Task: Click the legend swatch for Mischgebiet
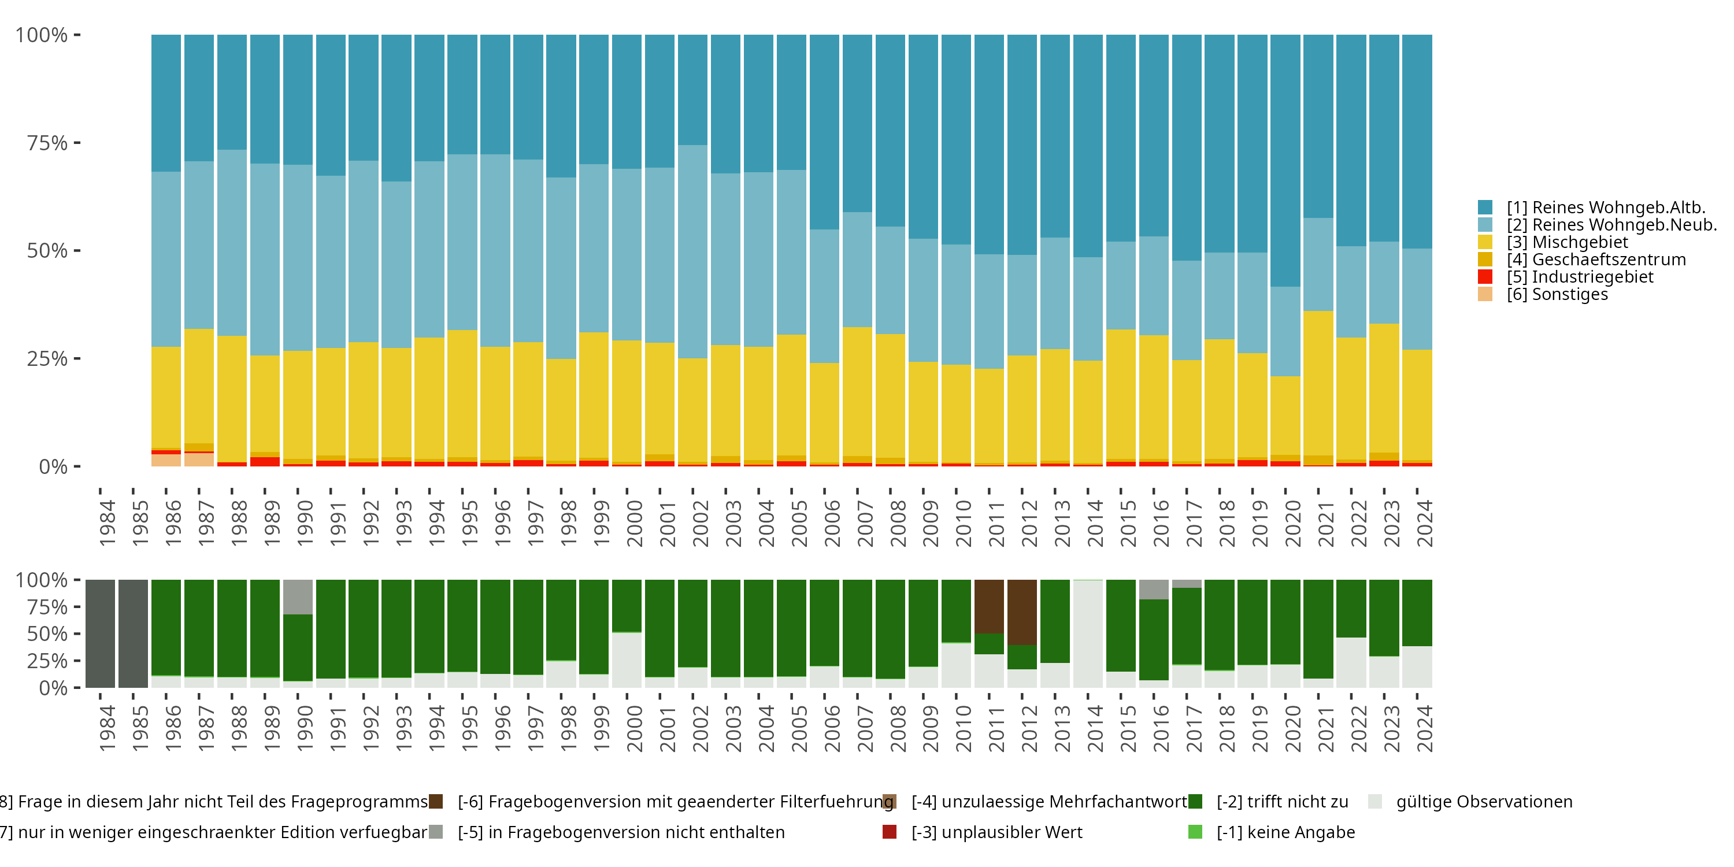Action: [x=1485, y=242]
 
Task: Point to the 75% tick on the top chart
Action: [x=47, y=143]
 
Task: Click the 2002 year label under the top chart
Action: [x=700, y=524]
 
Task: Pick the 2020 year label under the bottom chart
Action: [x=1292, y=729]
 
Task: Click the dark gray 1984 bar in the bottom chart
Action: [x=101, y=633]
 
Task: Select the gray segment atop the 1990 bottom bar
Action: [x=298, y=596]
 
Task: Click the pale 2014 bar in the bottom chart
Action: [x=1088, y=633]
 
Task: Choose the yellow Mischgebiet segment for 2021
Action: [x=1318, y=383]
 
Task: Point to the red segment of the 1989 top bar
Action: [x=265, y=462]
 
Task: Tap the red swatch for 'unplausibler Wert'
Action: [x=889, y=832]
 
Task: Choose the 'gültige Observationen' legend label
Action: [x=1484, y=802]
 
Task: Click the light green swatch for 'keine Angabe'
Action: [x=1195, y=832]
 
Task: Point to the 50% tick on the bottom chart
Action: [x=47, y=634]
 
